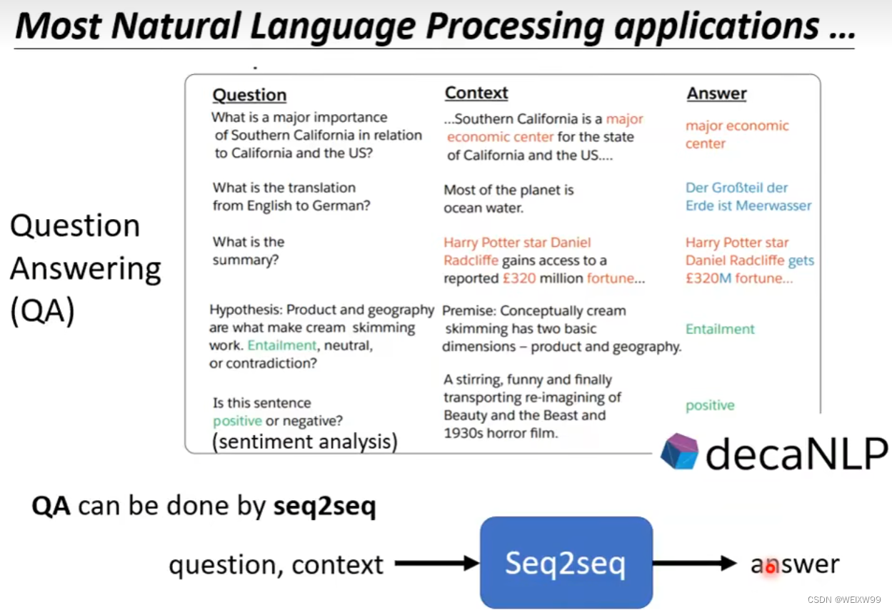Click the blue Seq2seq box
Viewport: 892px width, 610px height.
[x=566, y=563]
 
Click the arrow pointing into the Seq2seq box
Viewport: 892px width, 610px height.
[x=436, y=564]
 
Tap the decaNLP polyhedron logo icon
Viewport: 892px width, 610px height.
[x=678, y=452]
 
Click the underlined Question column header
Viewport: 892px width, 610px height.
[x=249, y=95]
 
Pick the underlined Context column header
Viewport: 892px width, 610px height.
[x=476, y=93]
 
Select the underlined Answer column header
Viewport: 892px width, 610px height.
[x=716, y=93]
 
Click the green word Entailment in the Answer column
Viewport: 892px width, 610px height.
[x=720, y=329]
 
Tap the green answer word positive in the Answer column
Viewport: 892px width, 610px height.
[x=710, y=405]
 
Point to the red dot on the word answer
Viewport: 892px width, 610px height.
[x=770, y=568]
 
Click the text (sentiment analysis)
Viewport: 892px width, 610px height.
[x=305, y=442]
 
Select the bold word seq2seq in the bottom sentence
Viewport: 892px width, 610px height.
[x=324, y=507]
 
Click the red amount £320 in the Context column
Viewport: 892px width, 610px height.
[x=518, y=278]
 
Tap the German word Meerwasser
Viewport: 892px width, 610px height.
[x=773, y=205]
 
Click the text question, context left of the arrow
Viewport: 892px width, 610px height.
[x=276, y=564]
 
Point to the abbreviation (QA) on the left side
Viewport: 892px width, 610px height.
[x=42, y=312]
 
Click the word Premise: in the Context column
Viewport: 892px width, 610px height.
[x=468, y=311]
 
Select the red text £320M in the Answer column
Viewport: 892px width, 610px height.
[x=708, y=278]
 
